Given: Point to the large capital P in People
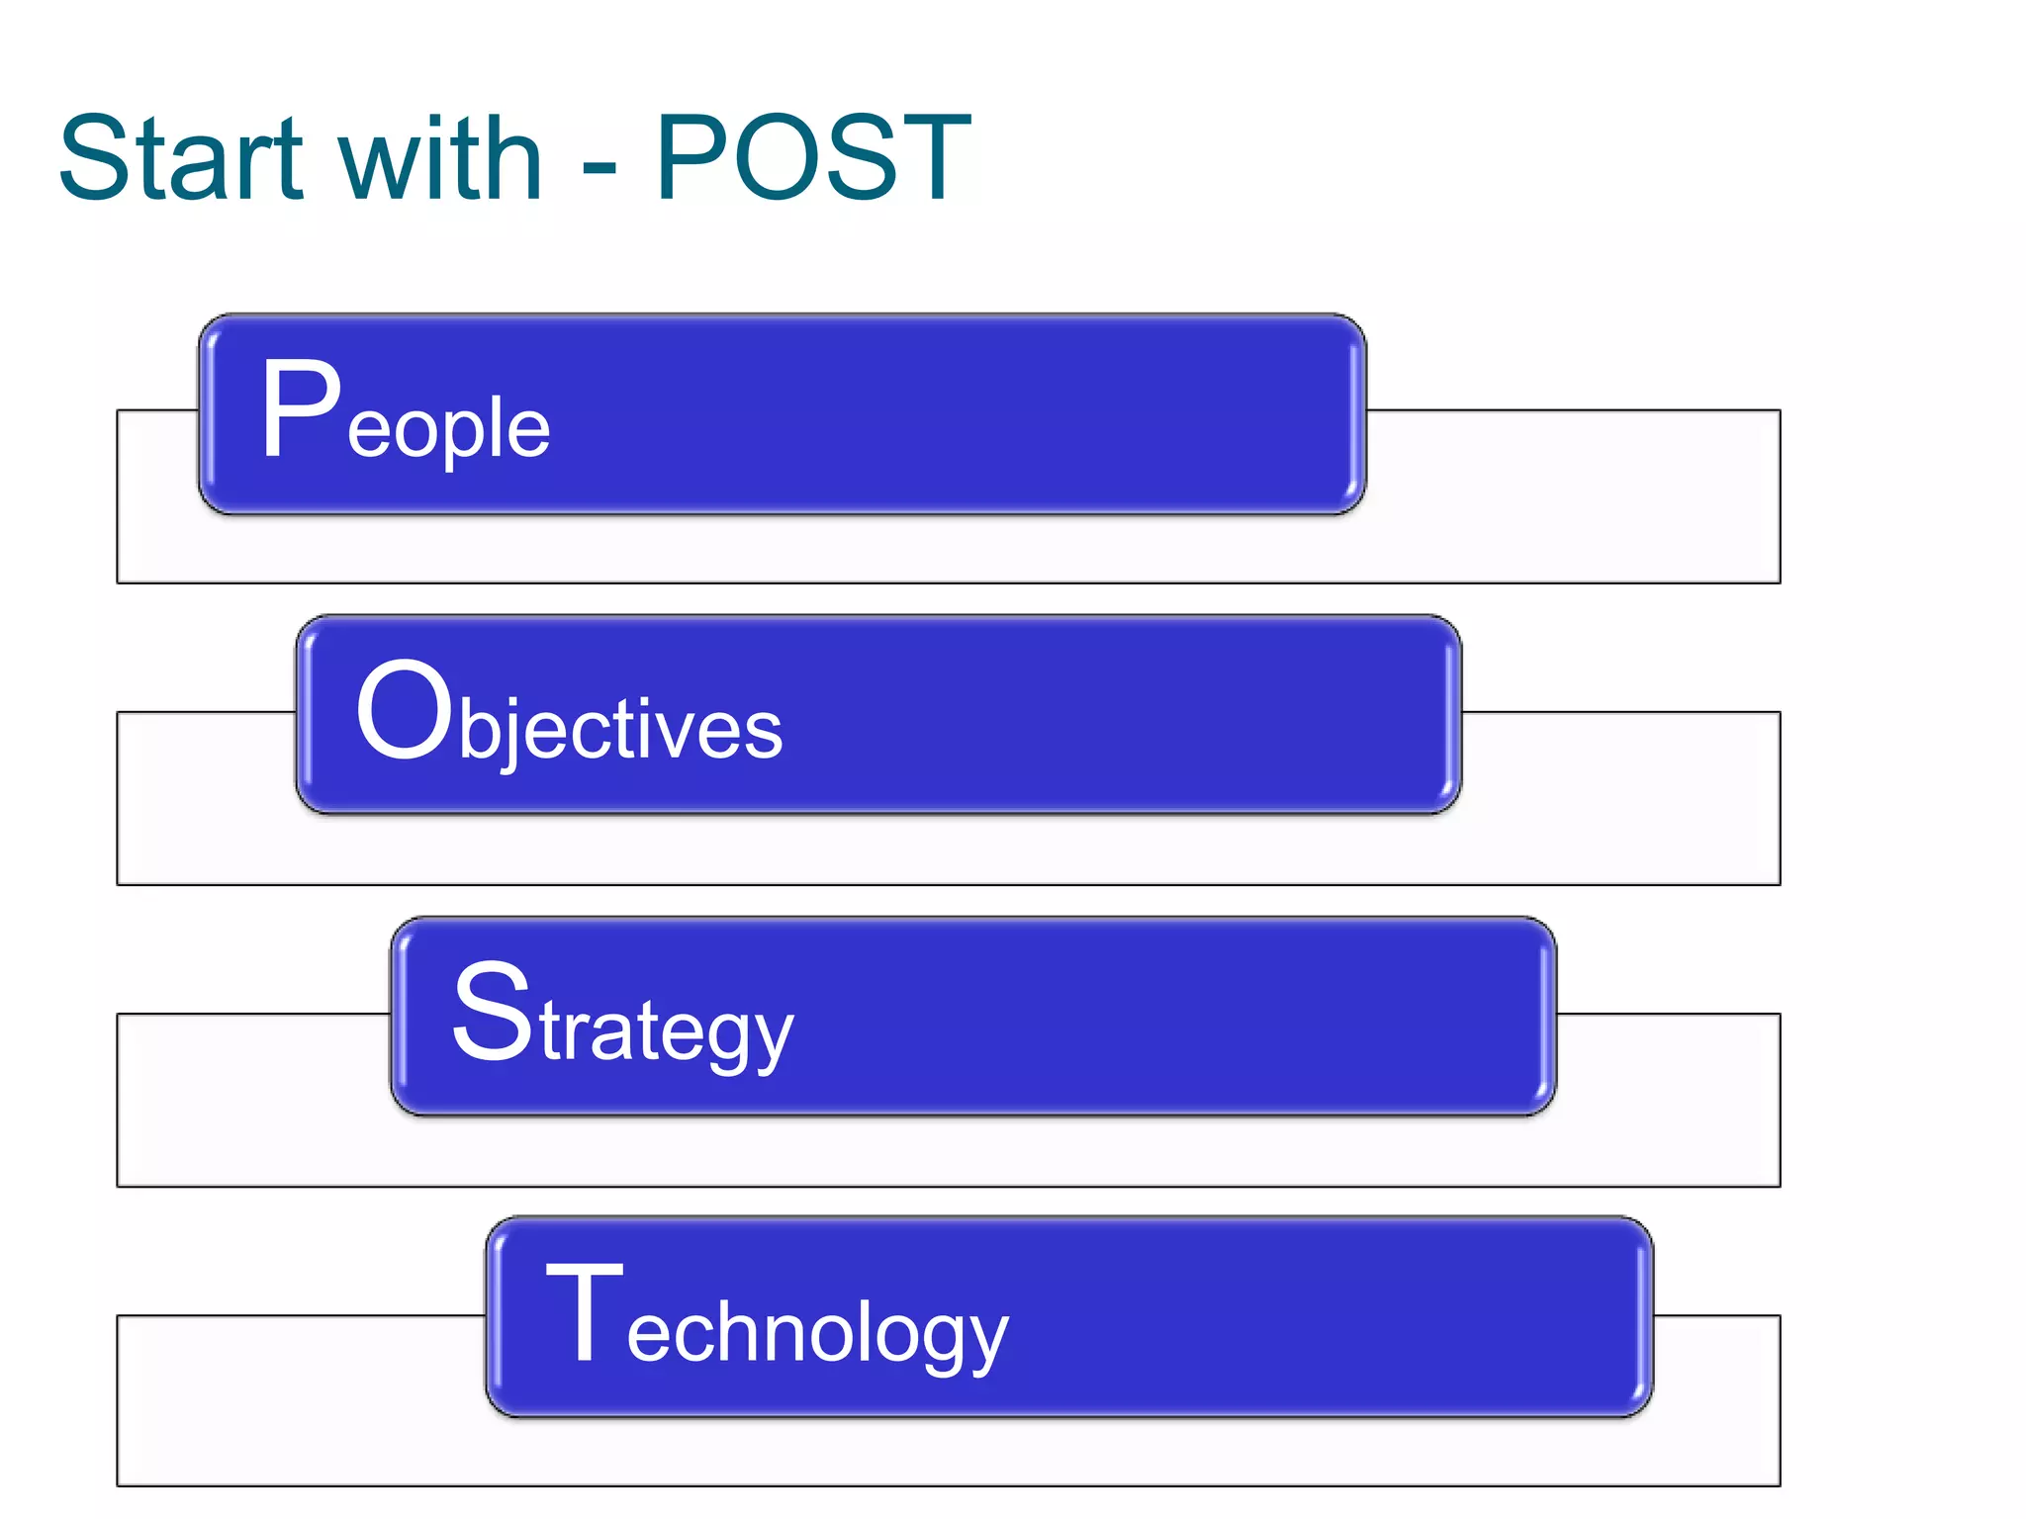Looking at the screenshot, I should (x=301, y=409).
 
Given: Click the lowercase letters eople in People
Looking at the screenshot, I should (x=448, y=431).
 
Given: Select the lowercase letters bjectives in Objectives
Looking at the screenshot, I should (x=620, y=732).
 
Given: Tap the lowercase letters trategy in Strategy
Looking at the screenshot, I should (x=666, y=1033).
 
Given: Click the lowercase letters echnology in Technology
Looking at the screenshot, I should (x=817, y=1335).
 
